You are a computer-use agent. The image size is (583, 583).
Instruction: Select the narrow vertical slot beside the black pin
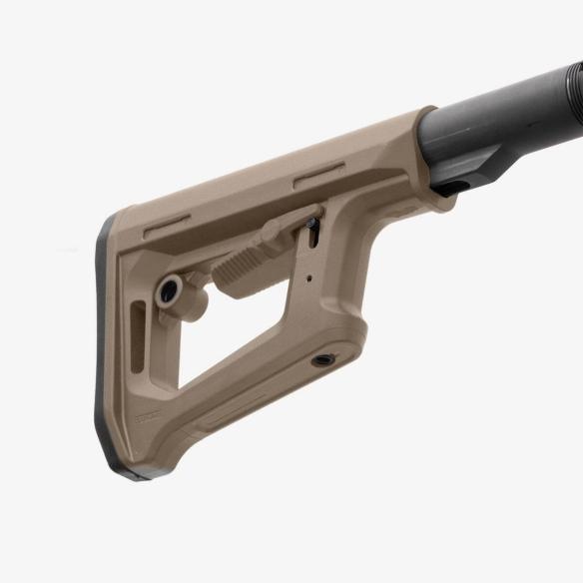[x=316, y=241]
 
